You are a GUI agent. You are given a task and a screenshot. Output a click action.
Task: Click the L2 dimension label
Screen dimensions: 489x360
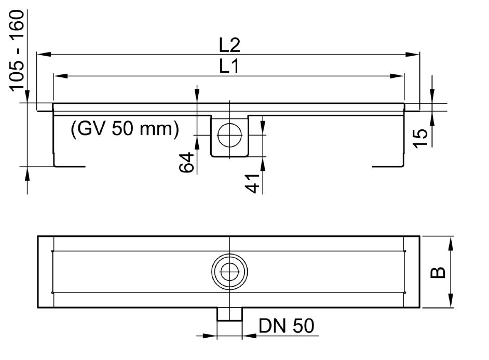[x=229, y=45]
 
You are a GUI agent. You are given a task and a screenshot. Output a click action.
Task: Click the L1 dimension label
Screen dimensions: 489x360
[x=229, y=66]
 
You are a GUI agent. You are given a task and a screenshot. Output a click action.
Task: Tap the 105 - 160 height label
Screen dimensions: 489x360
[x=16, y=51]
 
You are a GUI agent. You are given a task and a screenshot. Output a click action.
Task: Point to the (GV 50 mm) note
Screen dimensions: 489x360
[x=125, y=128]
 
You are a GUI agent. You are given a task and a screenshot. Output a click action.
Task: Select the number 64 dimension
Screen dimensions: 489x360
[x=186, y=162]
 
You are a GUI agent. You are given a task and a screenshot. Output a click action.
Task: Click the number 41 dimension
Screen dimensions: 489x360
[x=252, y=183]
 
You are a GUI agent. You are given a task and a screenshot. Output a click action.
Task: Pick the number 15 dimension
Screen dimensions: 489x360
[x=420, y=138]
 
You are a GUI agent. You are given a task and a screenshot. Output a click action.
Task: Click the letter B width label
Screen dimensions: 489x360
[x=438, y=272]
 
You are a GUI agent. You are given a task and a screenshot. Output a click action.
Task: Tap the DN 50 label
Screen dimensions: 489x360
[x=286, y=326]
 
